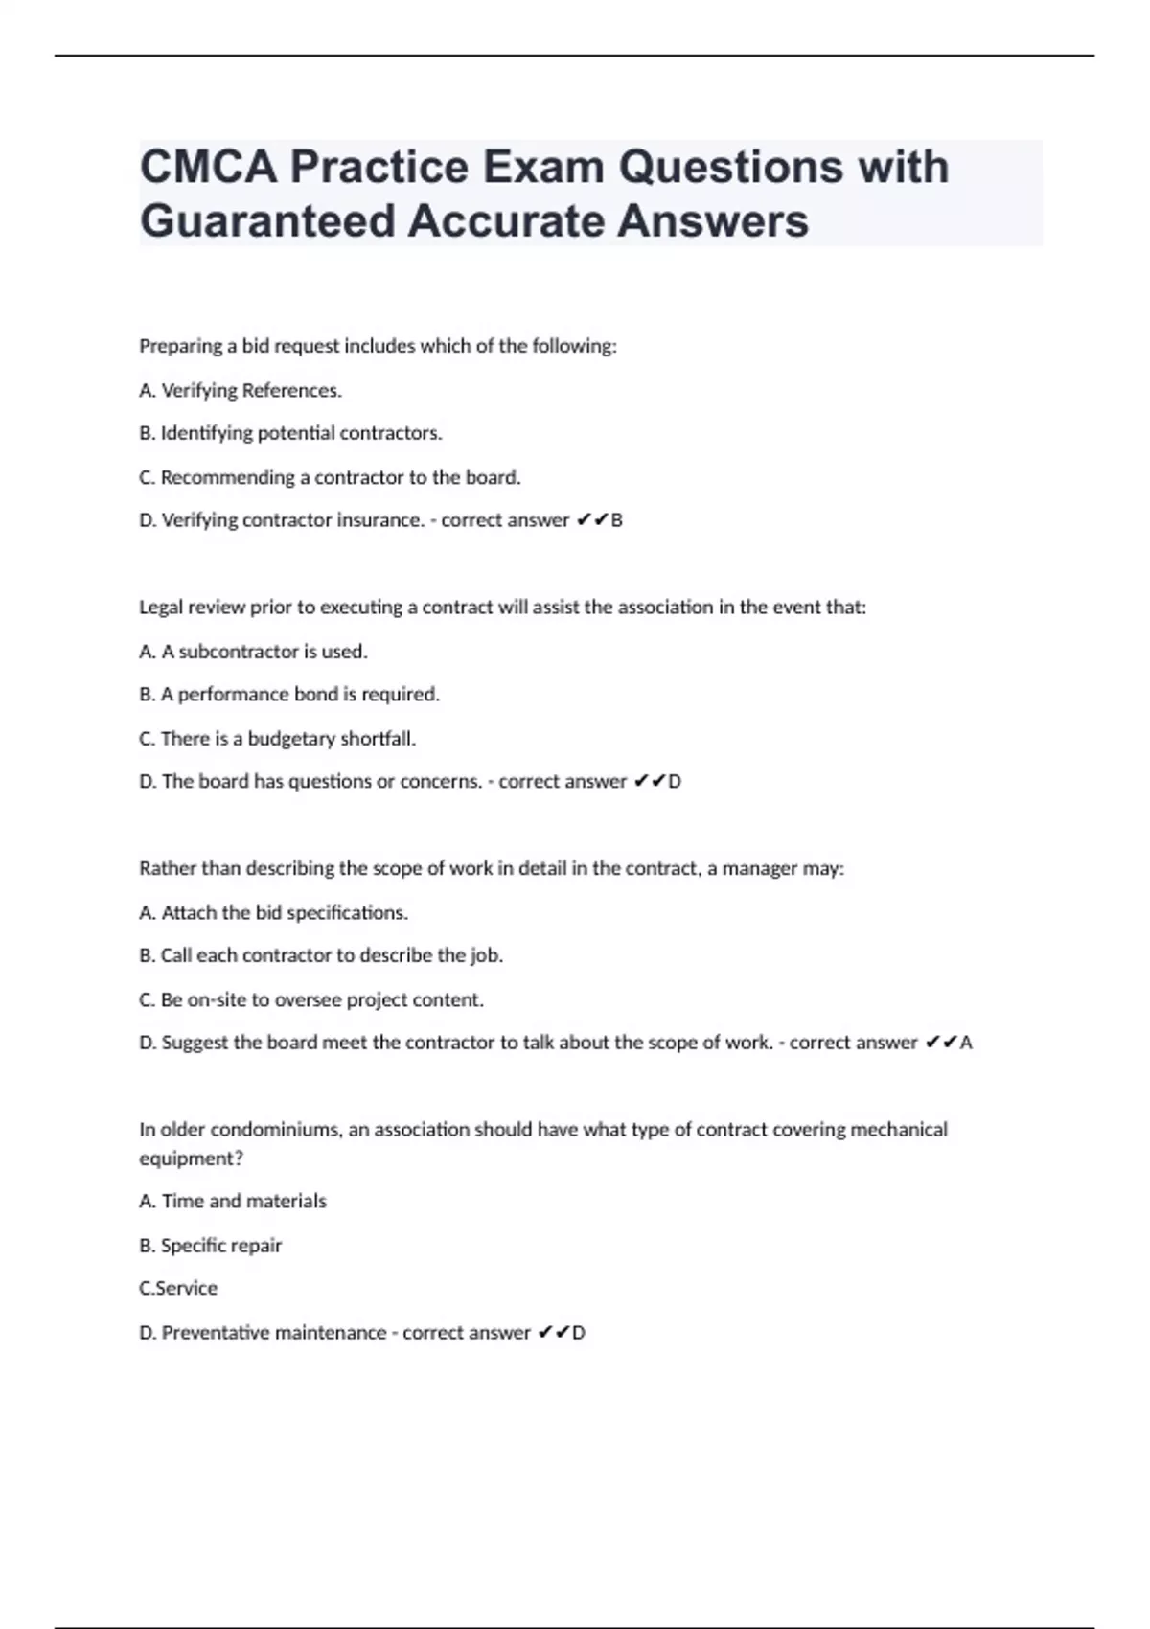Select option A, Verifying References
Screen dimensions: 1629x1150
coord(241,391)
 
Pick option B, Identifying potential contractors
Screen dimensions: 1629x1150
coord(290,433)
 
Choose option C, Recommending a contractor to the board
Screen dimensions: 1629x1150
coord(330,477)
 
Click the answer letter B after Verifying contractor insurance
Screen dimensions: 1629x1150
coord(617,520)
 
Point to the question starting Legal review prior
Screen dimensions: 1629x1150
coord(502,608)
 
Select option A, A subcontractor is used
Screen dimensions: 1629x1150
coord(253,652)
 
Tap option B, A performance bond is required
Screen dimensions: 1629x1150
coord(289,695)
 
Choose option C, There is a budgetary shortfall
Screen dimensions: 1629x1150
coord(277,739)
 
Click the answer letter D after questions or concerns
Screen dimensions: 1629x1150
coord(675,782)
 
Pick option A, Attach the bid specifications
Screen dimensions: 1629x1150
coord(273,913)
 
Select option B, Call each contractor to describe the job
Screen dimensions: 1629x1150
coord(321,955)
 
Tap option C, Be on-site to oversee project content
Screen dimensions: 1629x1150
coord(311,1000)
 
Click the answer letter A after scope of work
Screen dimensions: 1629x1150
coord(966,1043)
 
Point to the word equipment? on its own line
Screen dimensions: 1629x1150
coord(192,1159)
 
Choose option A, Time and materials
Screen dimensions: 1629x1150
coord(233,1202)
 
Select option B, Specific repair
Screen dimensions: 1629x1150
coord(211,1246)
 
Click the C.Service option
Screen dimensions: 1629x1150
coord(178,1289)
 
